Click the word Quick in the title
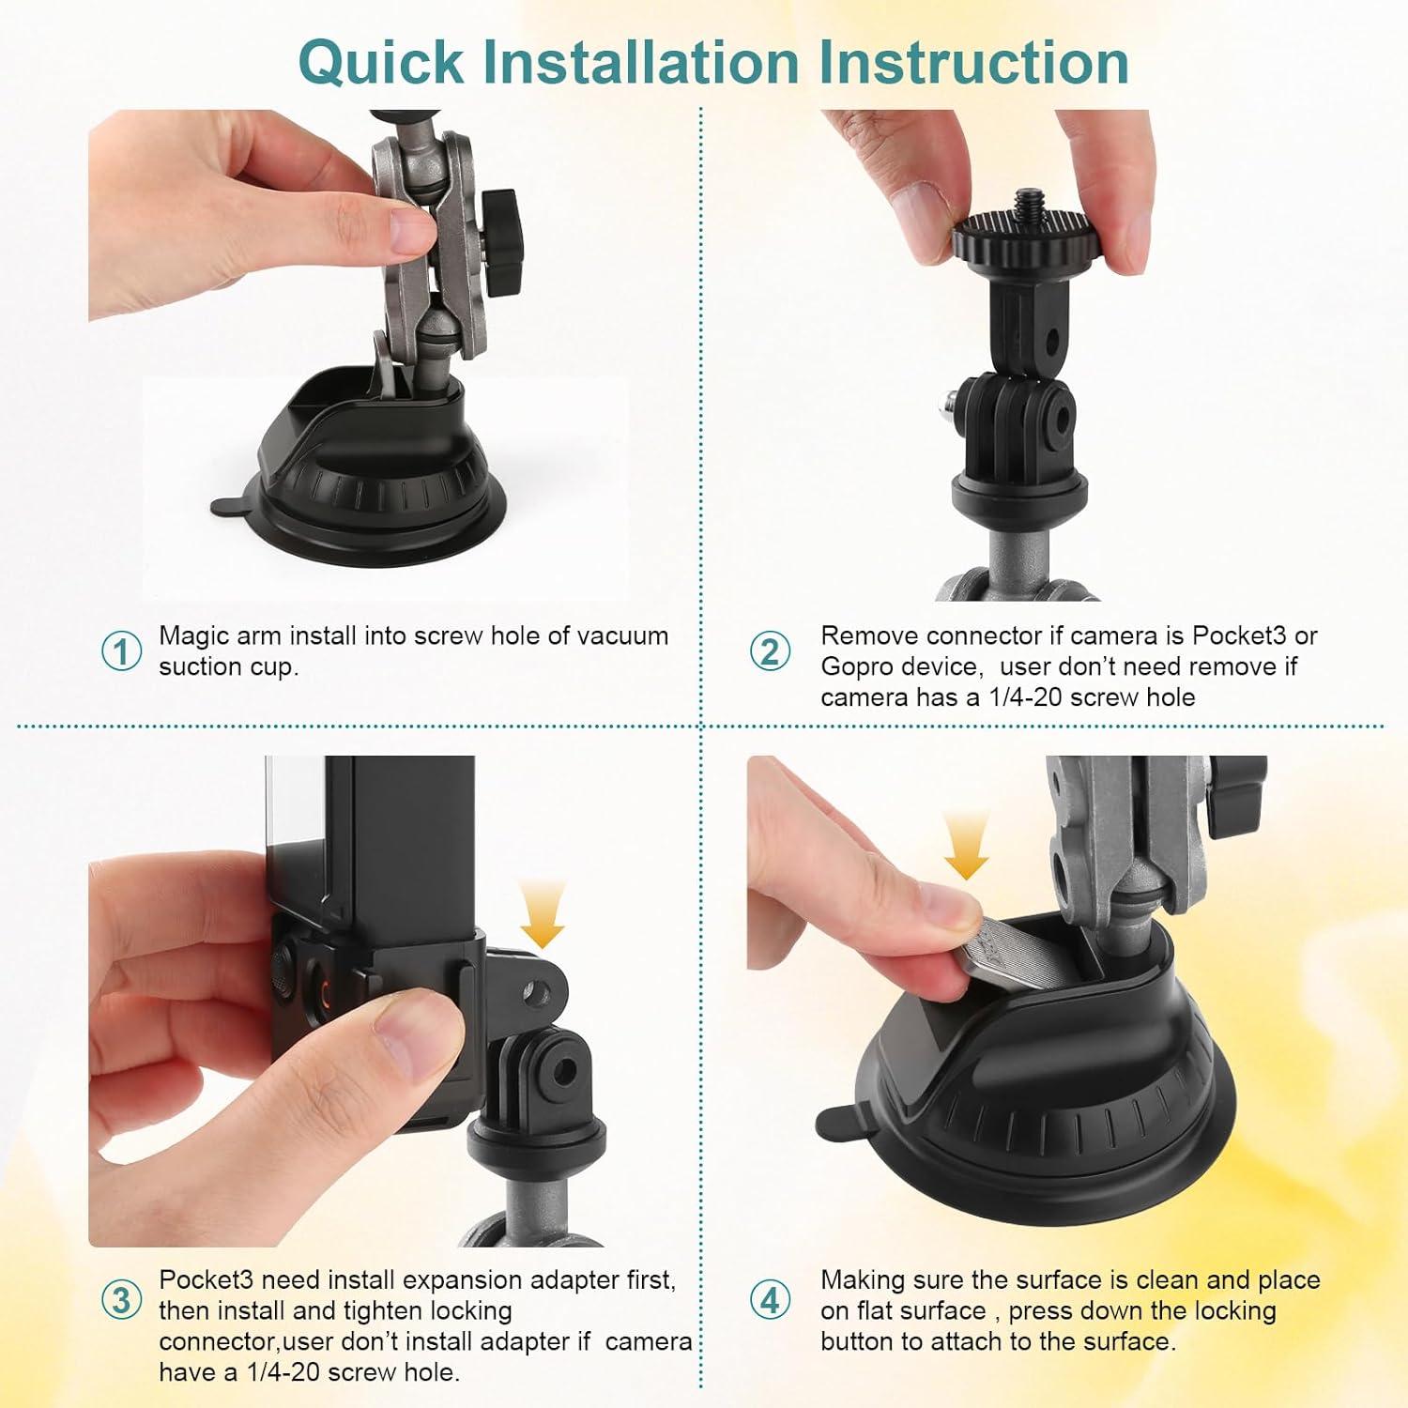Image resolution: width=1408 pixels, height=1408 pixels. point(380,62)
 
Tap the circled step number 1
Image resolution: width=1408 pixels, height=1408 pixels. point(121,650)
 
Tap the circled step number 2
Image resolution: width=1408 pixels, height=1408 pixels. point(770,650)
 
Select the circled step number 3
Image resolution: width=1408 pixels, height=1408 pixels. point(121,1301)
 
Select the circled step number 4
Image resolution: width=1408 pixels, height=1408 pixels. point(770,1301)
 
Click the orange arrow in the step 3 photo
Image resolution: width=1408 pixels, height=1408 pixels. point(542,914)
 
